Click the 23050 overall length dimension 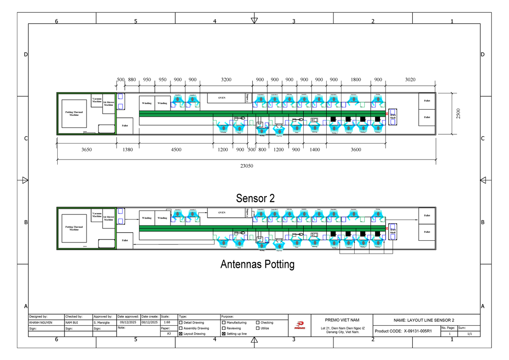246,166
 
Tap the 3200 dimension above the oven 227,79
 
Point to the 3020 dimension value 411,79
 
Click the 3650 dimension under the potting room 87,149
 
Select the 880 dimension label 132,79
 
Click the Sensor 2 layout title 255,198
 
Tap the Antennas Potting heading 257,264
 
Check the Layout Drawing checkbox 181,334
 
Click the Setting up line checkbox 224,334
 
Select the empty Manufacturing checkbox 224,323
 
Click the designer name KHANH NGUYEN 41,323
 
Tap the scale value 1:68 167,323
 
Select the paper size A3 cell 168,334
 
